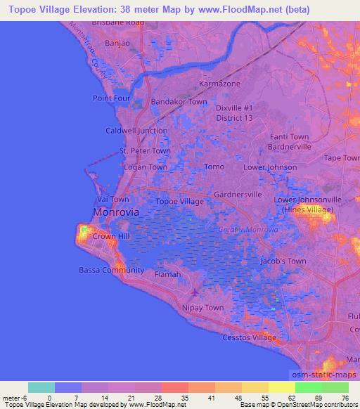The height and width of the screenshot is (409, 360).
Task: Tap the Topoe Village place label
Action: (x=180, y=202)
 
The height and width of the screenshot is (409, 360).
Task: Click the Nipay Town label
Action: (x=205, y=308)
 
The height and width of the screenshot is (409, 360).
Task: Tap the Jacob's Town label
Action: (x=283, y=261)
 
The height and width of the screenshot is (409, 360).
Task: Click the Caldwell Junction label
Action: (x=136, y=131)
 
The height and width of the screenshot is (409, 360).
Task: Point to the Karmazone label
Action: (x=219, y=84)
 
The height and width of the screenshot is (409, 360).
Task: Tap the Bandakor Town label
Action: (x=179, y=102)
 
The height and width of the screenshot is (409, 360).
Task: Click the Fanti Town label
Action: (x=289, y=137)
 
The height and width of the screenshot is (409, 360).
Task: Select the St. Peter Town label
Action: (x=145, y=150)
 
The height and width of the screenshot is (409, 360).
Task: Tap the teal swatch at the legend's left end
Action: (x=40, y=387)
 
